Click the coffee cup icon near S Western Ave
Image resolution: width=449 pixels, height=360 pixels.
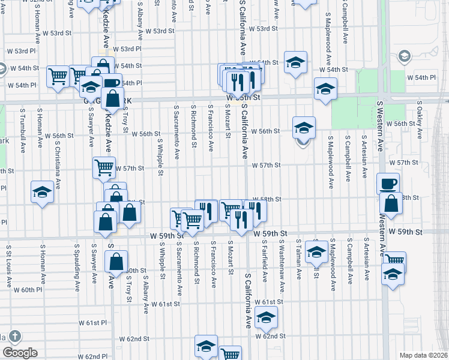click(388, 183)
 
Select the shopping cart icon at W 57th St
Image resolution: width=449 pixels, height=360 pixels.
click(104, 167)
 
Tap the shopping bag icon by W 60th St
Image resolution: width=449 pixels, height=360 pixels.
click(116, 262)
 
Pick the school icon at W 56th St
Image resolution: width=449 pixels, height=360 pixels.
click(304, 127)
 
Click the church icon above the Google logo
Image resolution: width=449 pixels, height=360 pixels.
click(15, 337)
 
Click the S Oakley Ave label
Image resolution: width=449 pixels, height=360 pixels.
click(420, 121)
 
